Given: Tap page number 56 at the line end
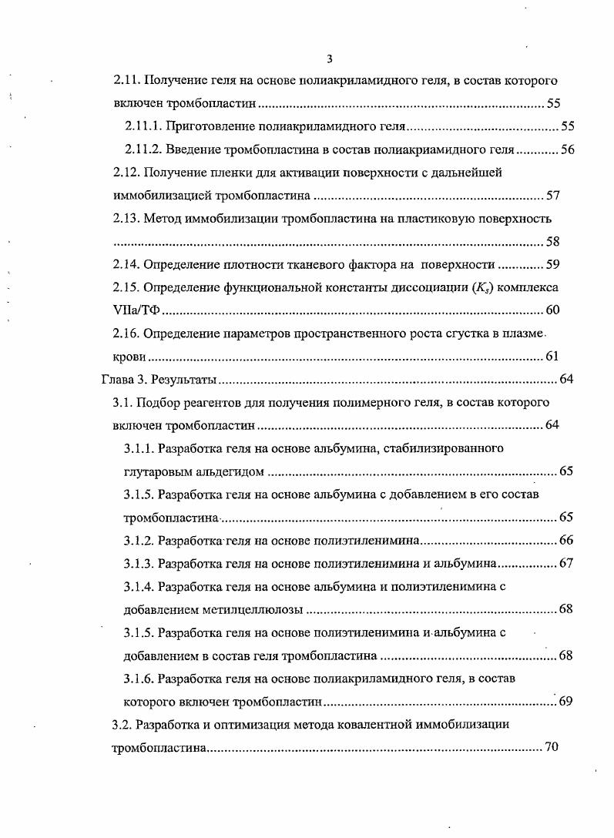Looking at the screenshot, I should pyautogui.click(x=567, y=149).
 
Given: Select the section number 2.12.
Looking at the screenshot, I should pyautogui.click(x=126, y=173).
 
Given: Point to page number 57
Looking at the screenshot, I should pyautogui.click(x=552, y=196).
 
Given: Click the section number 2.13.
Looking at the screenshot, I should pyautogui.click(x=126, y=219).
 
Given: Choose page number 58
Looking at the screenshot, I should pyautogui.click(x=552, y=242).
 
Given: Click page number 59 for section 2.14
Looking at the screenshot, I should pyautogui.click(x=552, y=265).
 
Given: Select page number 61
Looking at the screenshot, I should pyautogui.click(x=552, y=357).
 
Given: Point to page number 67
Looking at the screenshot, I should pyautogui.click(x=566, y=564).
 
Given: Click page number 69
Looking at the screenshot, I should pyautogui.click(x=566, y=702).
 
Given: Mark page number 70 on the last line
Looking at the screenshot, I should pyautogui.click(x=551, y=748).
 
